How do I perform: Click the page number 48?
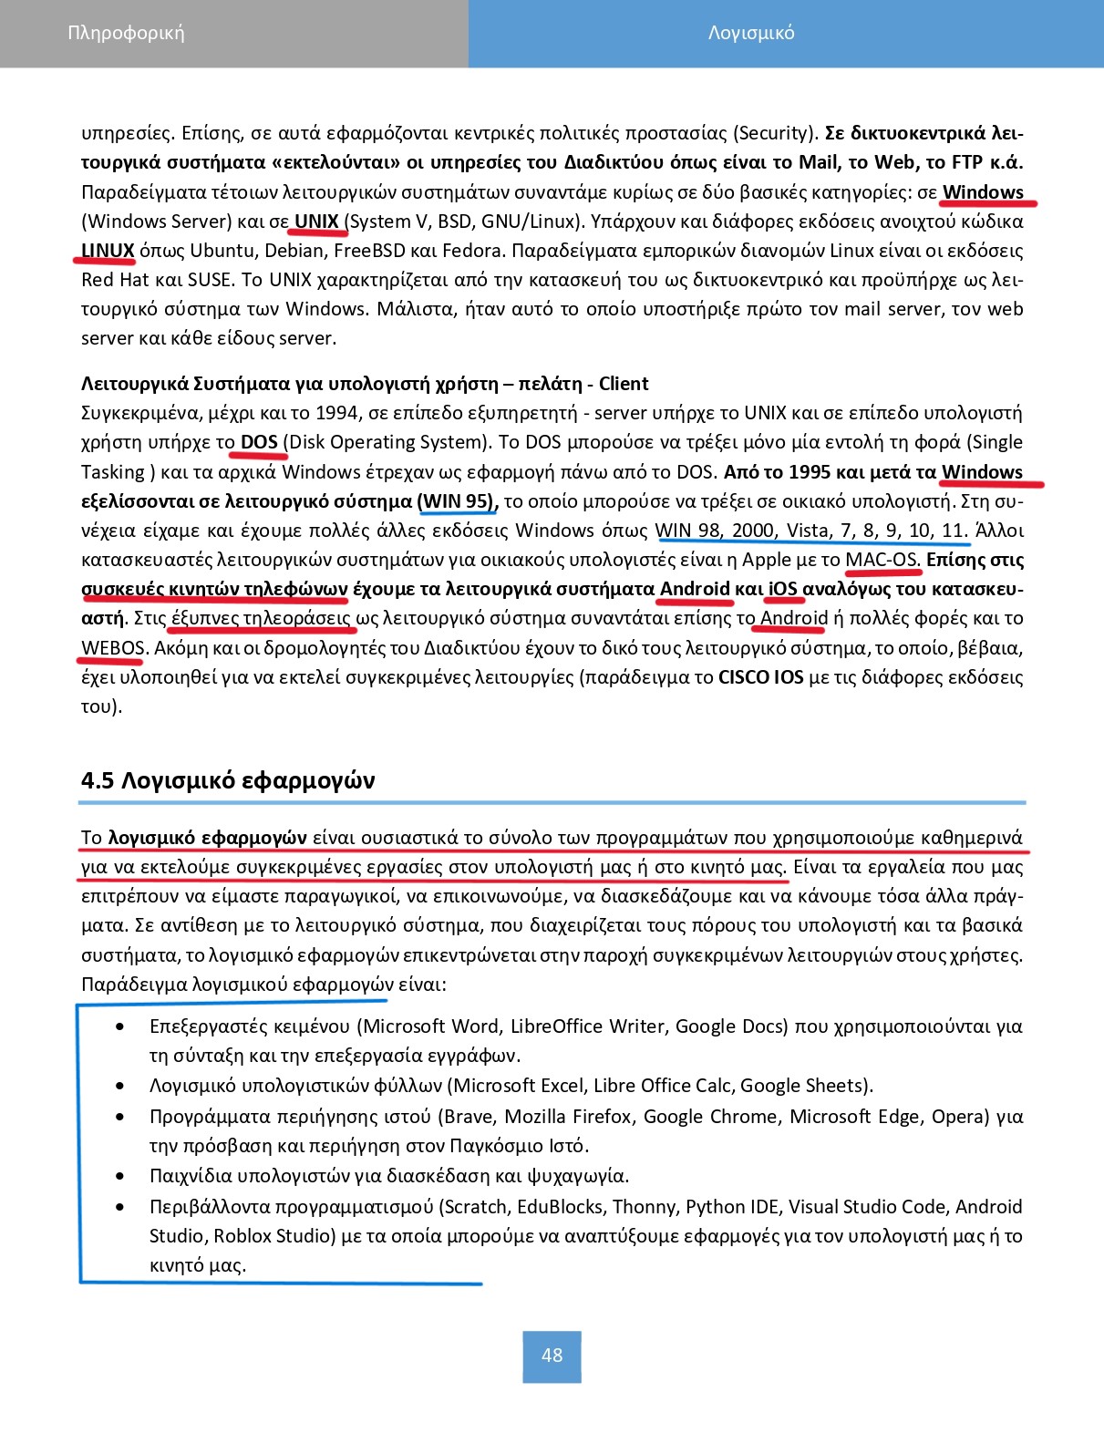click(x=552, y=1356)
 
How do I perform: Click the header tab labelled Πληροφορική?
click(x=126, y=34)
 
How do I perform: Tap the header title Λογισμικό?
click(x=751, y=34)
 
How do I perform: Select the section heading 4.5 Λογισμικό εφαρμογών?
click(x=228, y=780)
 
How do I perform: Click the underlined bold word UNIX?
click(x=316, y=222)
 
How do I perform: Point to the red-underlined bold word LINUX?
click(x=108, y=251)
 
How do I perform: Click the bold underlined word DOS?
click(x=259, y=442)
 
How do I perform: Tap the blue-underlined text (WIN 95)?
click(x=457, y=501)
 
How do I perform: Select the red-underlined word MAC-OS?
click(x=882, y=560)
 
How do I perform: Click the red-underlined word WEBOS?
click(x=113, y=648)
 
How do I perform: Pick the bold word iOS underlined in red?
click(x=783, y=589)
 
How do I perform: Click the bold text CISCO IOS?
click(x=760, y=677)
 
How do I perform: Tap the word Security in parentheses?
click(x=774, y=133)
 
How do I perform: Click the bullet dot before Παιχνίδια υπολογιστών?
click(x=121, y=1176)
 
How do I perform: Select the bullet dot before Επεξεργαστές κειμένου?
click(x=121, y=1026)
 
